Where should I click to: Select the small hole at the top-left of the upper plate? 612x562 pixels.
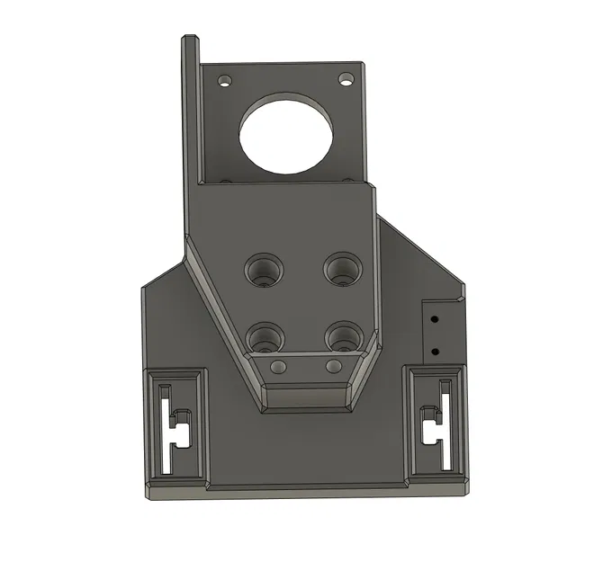224,80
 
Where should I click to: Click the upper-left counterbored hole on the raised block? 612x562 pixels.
264,267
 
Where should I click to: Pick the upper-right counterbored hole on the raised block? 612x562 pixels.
342,266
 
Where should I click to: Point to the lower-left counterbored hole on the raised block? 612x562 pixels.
264,336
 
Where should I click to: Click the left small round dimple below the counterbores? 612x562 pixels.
278,366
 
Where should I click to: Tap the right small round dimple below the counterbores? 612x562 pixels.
333,366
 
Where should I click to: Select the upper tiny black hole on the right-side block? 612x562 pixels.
434,318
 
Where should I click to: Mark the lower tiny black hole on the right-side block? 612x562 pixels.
434,351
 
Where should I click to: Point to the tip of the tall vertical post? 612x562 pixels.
190,39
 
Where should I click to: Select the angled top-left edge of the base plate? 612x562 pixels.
164,271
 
